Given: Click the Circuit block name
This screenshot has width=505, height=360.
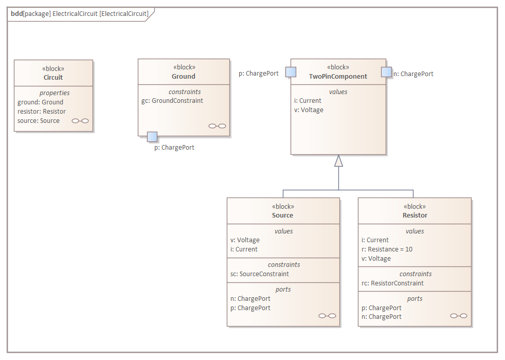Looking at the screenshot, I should pos(53,77).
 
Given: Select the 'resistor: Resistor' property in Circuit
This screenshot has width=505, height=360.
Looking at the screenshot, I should pos(42,111).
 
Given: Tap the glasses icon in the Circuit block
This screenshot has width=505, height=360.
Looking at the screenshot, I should pos(80,121).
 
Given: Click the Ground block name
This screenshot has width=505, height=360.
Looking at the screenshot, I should pos(184,76).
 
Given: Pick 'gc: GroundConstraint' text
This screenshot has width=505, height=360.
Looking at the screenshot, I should pos(172,100).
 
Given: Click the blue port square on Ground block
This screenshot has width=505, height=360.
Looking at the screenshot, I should pos(152,136).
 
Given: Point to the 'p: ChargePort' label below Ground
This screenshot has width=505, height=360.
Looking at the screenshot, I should pos(174,147).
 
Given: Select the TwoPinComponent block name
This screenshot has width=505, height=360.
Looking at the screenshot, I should pos(338,76).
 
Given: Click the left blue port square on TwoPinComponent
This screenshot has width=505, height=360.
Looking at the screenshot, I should pos(291,72).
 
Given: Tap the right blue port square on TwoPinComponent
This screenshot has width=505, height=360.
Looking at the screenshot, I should pos(386,72).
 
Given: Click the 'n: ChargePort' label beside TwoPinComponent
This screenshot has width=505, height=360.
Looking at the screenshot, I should pos(413,74).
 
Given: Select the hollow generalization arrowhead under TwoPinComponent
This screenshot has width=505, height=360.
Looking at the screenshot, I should pos(338,161).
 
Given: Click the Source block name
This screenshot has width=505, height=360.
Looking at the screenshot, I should pos(283,215).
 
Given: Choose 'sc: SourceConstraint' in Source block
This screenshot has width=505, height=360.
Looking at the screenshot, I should pos(260,274).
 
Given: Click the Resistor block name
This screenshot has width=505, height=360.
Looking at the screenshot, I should pos(414,215).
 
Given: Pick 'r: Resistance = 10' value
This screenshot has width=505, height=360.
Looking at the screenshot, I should pos(387,249).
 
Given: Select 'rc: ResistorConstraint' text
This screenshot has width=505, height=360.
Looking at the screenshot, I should pos(393,283).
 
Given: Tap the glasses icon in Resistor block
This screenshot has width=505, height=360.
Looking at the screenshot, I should pos(458,316).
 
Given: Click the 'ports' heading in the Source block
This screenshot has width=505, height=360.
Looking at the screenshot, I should pos(283,289).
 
